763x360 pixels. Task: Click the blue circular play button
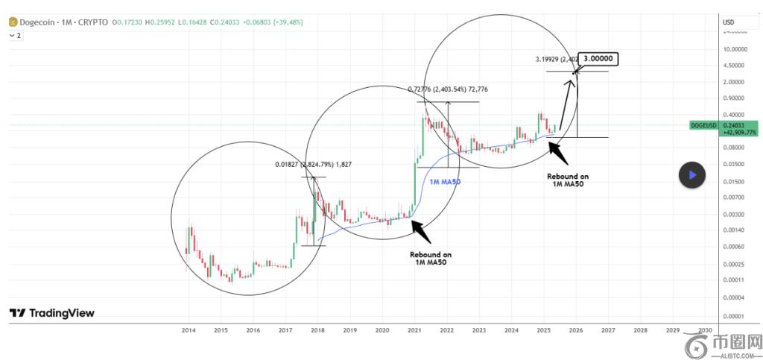point(691,174)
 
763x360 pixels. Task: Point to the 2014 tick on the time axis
point(189,329)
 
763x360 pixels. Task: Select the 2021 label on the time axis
point(414,329)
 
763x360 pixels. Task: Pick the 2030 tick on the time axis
point(705,329)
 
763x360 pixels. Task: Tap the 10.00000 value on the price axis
point(737,48)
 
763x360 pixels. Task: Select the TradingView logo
point(52,314)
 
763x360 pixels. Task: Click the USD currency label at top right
point(729,22)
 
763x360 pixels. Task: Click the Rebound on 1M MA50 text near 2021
point(430,258)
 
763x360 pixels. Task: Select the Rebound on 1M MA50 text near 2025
point(568,180)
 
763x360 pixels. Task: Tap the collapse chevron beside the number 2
point(11,35)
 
